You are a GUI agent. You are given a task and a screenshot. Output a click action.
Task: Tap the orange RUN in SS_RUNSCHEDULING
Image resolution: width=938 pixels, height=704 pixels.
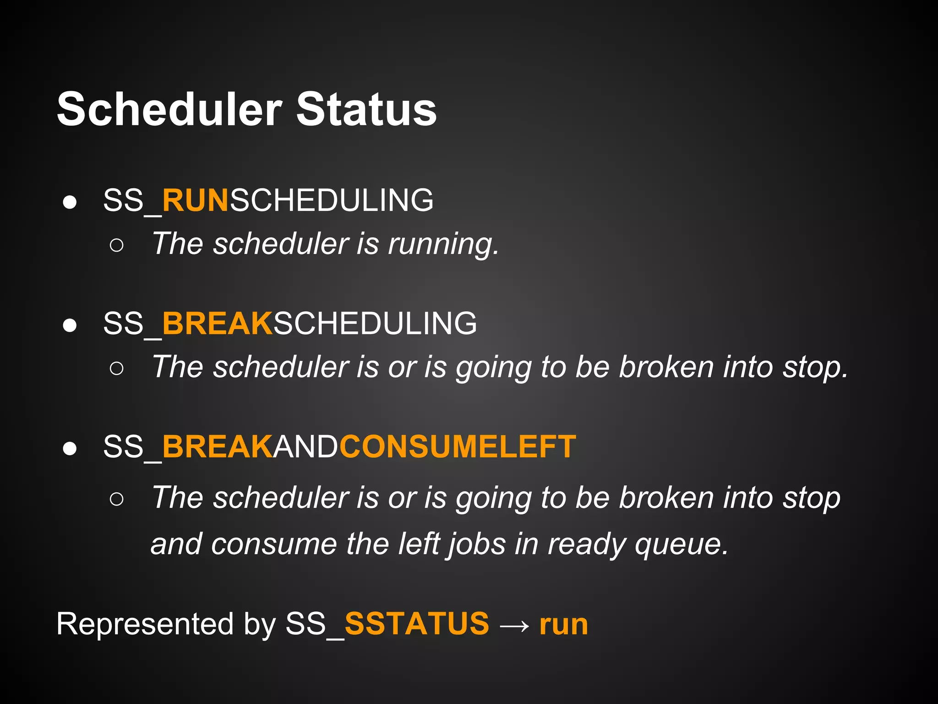click(x=195, y=200)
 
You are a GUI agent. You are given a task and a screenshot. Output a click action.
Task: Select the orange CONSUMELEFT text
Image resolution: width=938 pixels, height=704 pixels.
click(x=457, y=446)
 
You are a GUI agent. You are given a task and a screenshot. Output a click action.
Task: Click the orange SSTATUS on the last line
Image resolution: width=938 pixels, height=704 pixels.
click(x=417, y=624)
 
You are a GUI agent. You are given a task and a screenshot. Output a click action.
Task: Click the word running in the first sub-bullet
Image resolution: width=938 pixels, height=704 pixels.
click(x=442, y=244)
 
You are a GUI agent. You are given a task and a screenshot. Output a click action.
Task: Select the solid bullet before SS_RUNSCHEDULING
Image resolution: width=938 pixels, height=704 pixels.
click(x=70, y=202)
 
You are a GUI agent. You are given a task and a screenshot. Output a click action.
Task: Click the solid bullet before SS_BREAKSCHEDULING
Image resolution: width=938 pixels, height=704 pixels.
click(x=70, y=325)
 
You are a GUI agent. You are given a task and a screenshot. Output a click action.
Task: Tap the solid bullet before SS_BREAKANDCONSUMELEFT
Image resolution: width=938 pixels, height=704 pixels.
click(x=70, y=448)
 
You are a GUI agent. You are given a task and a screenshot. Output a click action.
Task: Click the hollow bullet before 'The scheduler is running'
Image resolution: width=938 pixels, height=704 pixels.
click(x=117, y=245)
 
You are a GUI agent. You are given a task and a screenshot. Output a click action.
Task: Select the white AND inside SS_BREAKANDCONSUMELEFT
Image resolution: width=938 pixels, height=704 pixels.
click(x=306, y=446)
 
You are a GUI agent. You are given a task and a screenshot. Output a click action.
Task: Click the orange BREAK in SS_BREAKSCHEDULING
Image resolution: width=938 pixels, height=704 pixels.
click(x=218, y=324)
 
